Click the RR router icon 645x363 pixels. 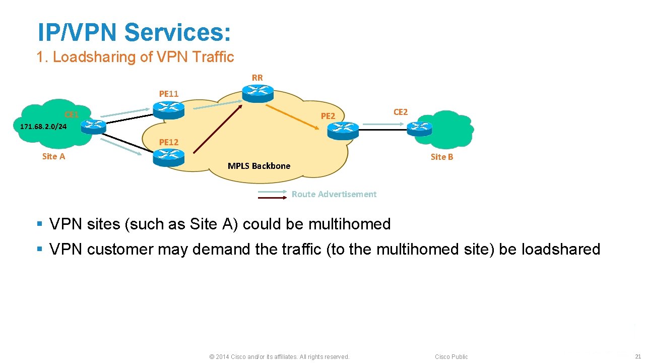pos(257,94)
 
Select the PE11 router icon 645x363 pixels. pos(168,110)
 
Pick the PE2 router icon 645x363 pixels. pos(343,131)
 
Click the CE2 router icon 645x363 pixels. pos(419,129)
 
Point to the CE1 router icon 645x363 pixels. pos(93,127)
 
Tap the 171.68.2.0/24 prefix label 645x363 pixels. pos(43,127)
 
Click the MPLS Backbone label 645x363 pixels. pos(259,166)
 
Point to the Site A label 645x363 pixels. pos(53,156)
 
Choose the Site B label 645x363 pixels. pos(442,157)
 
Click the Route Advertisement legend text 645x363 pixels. pos(334,194)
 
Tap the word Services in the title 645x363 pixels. pos(177,32)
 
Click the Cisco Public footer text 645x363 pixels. pos(451,356)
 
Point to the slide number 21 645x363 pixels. pos(638,356)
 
